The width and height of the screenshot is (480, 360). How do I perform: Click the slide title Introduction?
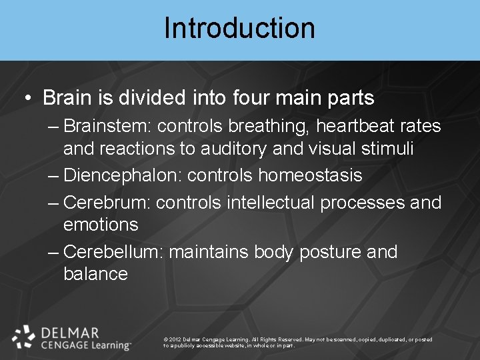pyautogui.click(x=239, y=29)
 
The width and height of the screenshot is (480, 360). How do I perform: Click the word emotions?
pyautogui.click(x=101, y=225)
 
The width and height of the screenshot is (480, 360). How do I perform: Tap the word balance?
pyautogui.click(x=95, y=274)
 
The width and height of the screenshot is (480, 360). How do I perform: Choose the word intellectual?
pyautogui.click(x=271, y=202)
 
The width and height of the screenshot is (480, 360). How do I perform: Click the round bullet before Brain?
pyautogui.click(x=27, y=99)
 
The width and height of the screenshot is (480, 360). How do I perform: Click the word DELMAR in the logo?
pyautogui.click(x=70, y=332)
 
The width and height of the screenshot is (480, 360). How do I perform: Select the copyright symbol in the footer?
pyautogui.click(x=165, y=339)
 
